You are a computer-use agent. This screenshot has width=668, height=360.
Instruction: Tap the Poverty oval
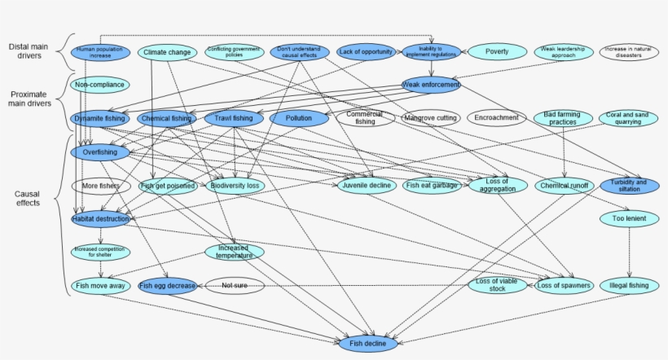[x=497, y=52]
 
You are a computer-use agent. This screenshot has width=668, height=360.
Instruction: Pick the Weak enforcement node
[x=431, y=85]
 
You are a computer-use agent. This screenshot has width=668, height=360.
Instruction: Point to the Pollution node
[x=299, y=119]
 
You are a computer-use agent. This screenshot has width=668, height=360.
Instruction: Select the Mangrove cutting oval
[x=431, y=118]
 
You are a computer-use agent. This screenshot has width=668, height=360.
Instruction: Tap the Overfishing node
[x=99, y=152]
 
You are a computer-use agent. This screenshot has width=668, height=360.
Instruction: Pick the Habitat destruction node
[x=99, y=219]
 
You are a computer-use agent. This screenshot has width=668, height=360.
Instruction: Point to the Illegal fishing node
[x=630, y=286]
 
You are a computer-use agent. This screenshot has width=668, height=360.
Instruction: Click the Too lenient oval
[x=630, y=219]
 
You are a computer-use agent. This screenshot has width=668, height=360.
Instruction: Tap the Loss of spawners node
[x=564, y=286]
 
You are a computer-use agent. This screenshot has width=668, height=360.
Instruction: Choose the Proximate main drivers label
[x=31, y=99]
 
